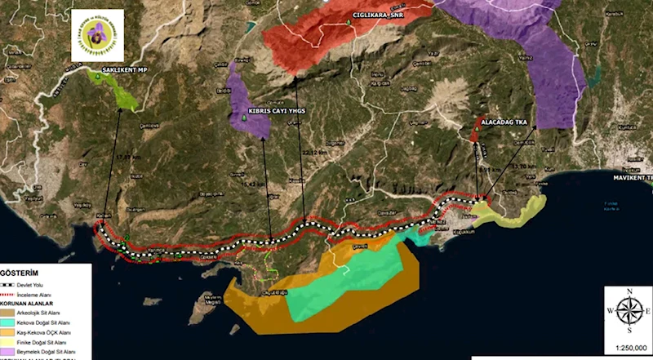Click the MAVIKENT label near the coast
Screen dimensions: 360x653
coord(633,177)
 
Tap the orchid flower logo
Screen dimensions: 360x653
coord(97,35)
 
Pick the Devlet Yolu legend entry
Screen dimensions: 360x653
coord(45,285)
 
